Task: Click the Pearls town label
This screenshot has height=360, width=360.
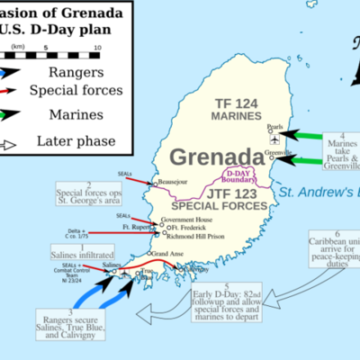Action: click(275, 127)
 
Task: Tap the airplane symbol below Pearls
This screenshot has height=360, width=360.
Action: click(274, 139)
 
